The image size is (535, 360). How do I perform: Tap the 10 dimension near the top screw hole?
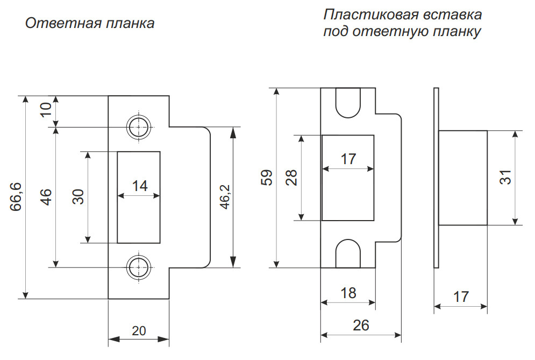[x=46, y=111]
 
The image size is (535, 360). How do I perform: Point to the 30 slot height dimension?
[x=78, y=197]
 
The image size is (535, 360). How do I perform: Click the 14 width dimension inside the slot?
[x=139, y=186]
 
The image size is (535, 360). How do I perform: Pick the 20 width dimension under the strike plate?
[x=139, y=330]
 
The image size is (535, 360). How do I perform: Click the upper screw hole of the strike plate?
[x=139, y=127]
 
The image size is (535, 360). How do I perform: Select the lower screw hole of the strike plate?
[x=139, y=266]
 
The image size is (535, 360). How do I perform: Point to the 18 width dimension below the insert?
[x=348, y=293]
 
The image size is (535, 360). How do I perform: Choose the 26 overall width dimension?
[x=361, y=325]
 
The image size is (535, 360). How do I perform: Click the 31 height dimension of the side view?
[x=505, y=178]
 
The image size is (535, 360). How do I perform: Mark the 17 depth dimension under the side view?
[x=461, y=297]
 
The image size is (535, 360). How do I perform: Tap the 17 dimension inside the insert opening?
[x=348, y=159]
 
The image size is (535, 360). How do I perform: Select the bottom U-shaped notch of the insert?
[x=347, y=254]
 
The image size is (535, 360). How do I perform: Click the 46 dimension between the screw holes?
[x=46, y=197]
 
